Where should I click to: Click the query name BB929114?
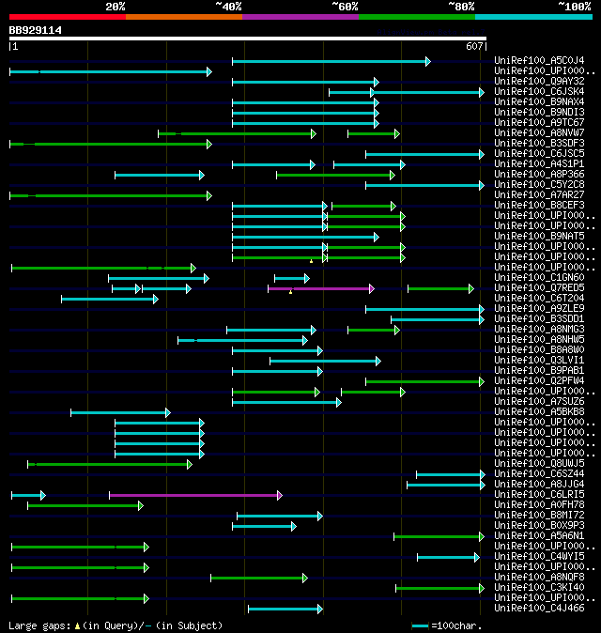[x=36, y=30]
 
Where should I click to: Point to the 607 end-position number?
[x=473, y=46]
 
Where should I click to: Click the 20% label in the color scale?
[x=116, y=7]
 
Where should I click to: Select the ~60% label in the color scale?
[x=345, y=7]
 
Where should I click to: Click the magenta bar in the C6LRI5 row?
[x=194, y=495]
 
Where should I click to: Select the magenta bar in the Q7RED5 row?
[x=319, y=288]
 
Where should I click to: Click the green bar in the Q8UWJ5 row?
[x=109, y=464]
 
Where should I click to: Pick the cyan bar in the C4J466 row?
[x=284, y=609]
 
